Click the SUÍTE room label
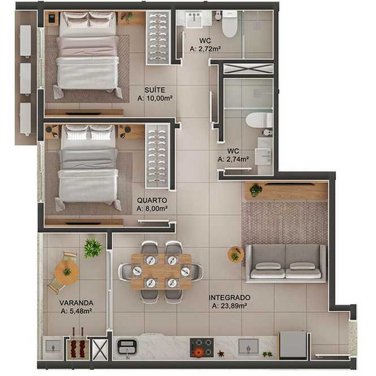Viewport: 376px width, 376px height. click(155, 90)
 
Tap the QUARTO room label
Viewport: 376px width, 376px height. click(152, 200)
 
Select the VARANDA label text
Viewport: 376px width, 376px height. click(76, 302)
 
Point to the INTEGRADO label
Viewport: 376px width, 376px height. click(230, 297)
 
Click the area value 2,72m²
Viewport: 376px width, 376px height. click(210, 49)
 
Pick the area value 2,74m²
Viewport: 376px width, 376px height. click(237, 159)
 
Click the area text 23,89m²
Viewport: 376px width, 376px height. click(234, 306)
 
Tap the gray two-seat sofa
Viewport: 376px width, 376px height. click(286, 262)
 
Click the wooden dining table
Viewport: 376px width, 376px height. click(161, 271)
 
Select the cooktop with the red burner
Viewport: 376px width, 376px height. click(202, 348)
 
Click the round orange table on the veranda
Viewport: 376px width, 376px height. click(66, 273)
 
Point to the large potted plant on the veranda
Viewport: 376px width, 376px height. click(93, 248)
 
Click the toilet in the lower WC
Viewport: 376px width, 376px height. click(259, 120)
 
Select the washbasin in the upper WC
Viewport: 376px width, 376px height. click(195, 20)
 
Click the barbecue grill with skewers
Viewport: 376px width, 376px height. click(77, 346)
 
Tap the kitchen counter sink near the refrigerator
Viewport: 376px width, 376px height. click(248, 347)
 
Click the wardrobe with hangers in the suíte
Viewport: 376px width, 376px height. click(158, 38)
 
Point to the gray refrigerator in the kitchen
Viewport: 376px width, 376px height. click(293, 345)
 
